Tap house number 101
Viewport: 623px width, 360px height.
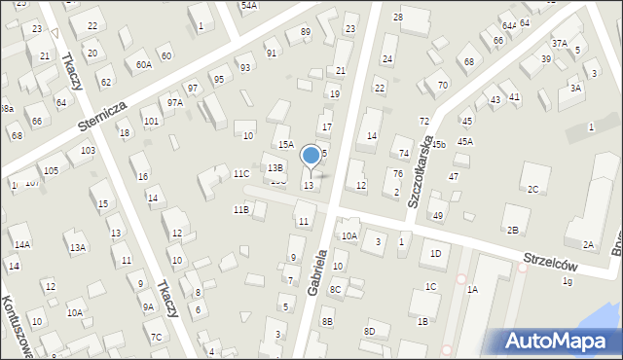pyautogui.click(x=151, y=122)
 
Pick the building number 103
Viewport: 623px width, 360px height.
pyautogui.click(x=88, y=151)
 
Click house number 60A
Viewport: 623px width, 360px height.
pyautogui.click(x=143, y=65)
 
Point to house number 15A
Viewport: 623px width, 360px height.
pyautogui.click(x=285, y=144)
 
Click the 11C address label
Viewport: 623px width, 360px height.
pyautogui.click(x=240, y=174)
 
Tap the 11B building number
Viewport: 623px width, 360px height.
pyautogui.click(x=240, y=209)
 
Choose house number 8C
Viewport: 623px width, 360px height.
pyautogui.click(x=335, y=289)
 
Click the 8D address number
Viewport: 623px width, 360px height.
pyautogui.click(x=369, y=332)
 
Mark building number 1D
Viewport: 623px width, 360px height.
pyautogui.click(x=435, y=254)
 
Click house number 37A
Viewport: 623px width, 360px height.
pyautogui.click(x=559, y=43)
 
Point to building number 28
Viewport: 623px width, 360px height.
pyautogui.click(x=397, y=18)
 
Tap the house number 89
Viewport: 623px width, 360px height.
pyautogui.click(x=305, y=32)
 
